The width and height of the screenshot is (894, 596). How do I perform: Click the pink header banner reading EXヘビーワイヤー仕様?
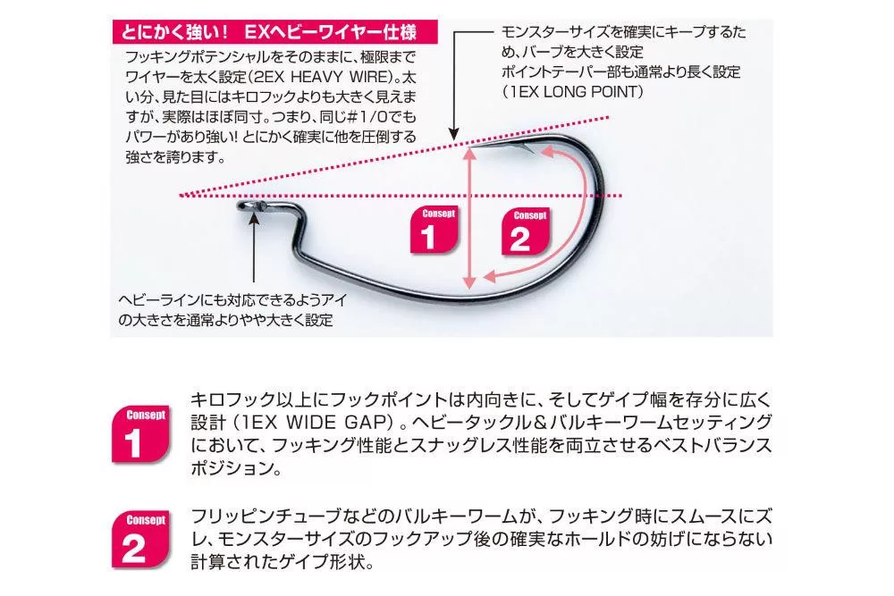pyautogui.click(x=274, y=32)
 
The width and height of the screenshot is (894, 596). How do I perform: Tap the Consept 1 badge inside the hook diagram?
pyautogui.click(x=434, y=230)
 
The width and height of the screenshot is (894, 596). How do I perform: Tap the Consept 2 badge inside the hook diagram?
pyautogui.click(x=526, y=231)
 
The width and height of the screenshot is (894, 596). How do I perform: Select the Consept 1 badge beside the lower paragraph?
pyautogui.click(x=141, y=434)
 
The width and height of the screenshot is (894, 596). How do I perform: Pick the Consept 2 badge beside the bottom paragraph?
pyautogui.click(x=141, y=539)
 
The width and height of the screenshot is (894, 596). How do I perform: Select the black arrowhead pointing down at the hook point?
pyautogui.click(x=454, y=134)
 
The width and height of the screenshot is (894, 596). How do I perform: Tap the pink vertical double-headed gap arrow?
pyautogui.click(x=469, y=218)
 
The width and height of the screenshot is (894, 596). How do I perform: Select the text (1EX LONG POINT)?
pyautogui.click(x=573, y=92)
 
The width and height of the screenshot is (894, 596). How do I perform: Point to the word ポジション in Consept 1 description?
pyautogui.click(x=231, y=468)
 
